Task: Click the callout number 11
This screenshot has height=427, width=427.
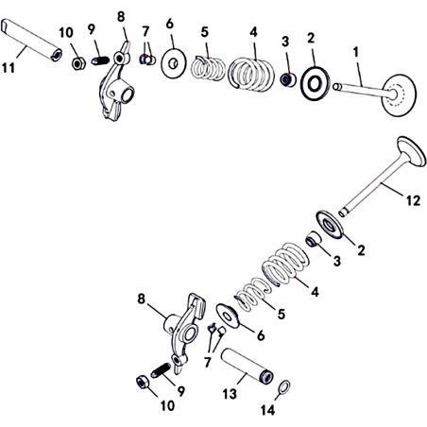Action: click(x=9, y=67)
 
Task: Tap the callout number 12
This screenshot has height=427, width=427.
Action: click(x=413, y=200)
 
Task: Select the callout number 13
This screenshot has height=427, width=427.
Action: click(x=230, y=394)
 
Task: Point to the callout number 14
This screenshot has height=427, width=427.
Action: click(x=268, y=410)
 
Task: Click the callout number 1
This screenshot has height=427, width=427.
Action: click(x=356, y=52)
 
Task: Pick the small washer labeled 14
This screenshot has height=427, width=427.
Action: click(x=285, y=387)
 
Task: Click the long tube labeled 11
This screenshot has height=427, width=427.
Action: click(x=31, y=40)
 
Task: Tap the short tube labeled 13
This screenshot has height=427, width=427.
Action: click(x=248, y=366)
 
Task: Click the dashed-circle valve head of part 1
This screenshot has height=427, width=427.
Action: click(x=400, y=94)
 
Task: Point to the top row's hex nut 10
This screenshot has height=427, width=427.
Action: click(x=78, y=63)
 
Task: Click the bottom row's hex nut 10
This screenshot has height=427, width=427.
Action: click(x=142, y=383)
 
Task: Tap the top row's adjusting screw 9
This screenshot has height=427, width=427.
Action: click(x=100, y=60)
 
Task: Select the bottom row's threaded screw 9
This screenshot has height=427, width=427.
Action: click(x=161, y=369)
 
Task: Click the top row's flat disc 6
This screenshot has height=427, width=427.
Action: click(x=174, y=63)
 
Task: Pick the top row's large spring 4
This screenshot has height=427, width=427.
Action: click(x=251, y=74)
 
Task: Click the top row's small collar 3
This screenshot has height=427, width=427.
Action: click(x=288, y=79)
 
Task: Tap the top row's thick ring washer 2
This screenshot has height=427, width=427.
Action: click(x=315, y=84)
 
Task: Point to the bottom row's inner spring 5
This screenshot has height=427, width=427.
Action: click(x=253, y=294)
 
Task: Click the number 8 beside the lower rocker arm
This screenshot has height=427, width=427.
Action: click(x=141, y=299)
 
